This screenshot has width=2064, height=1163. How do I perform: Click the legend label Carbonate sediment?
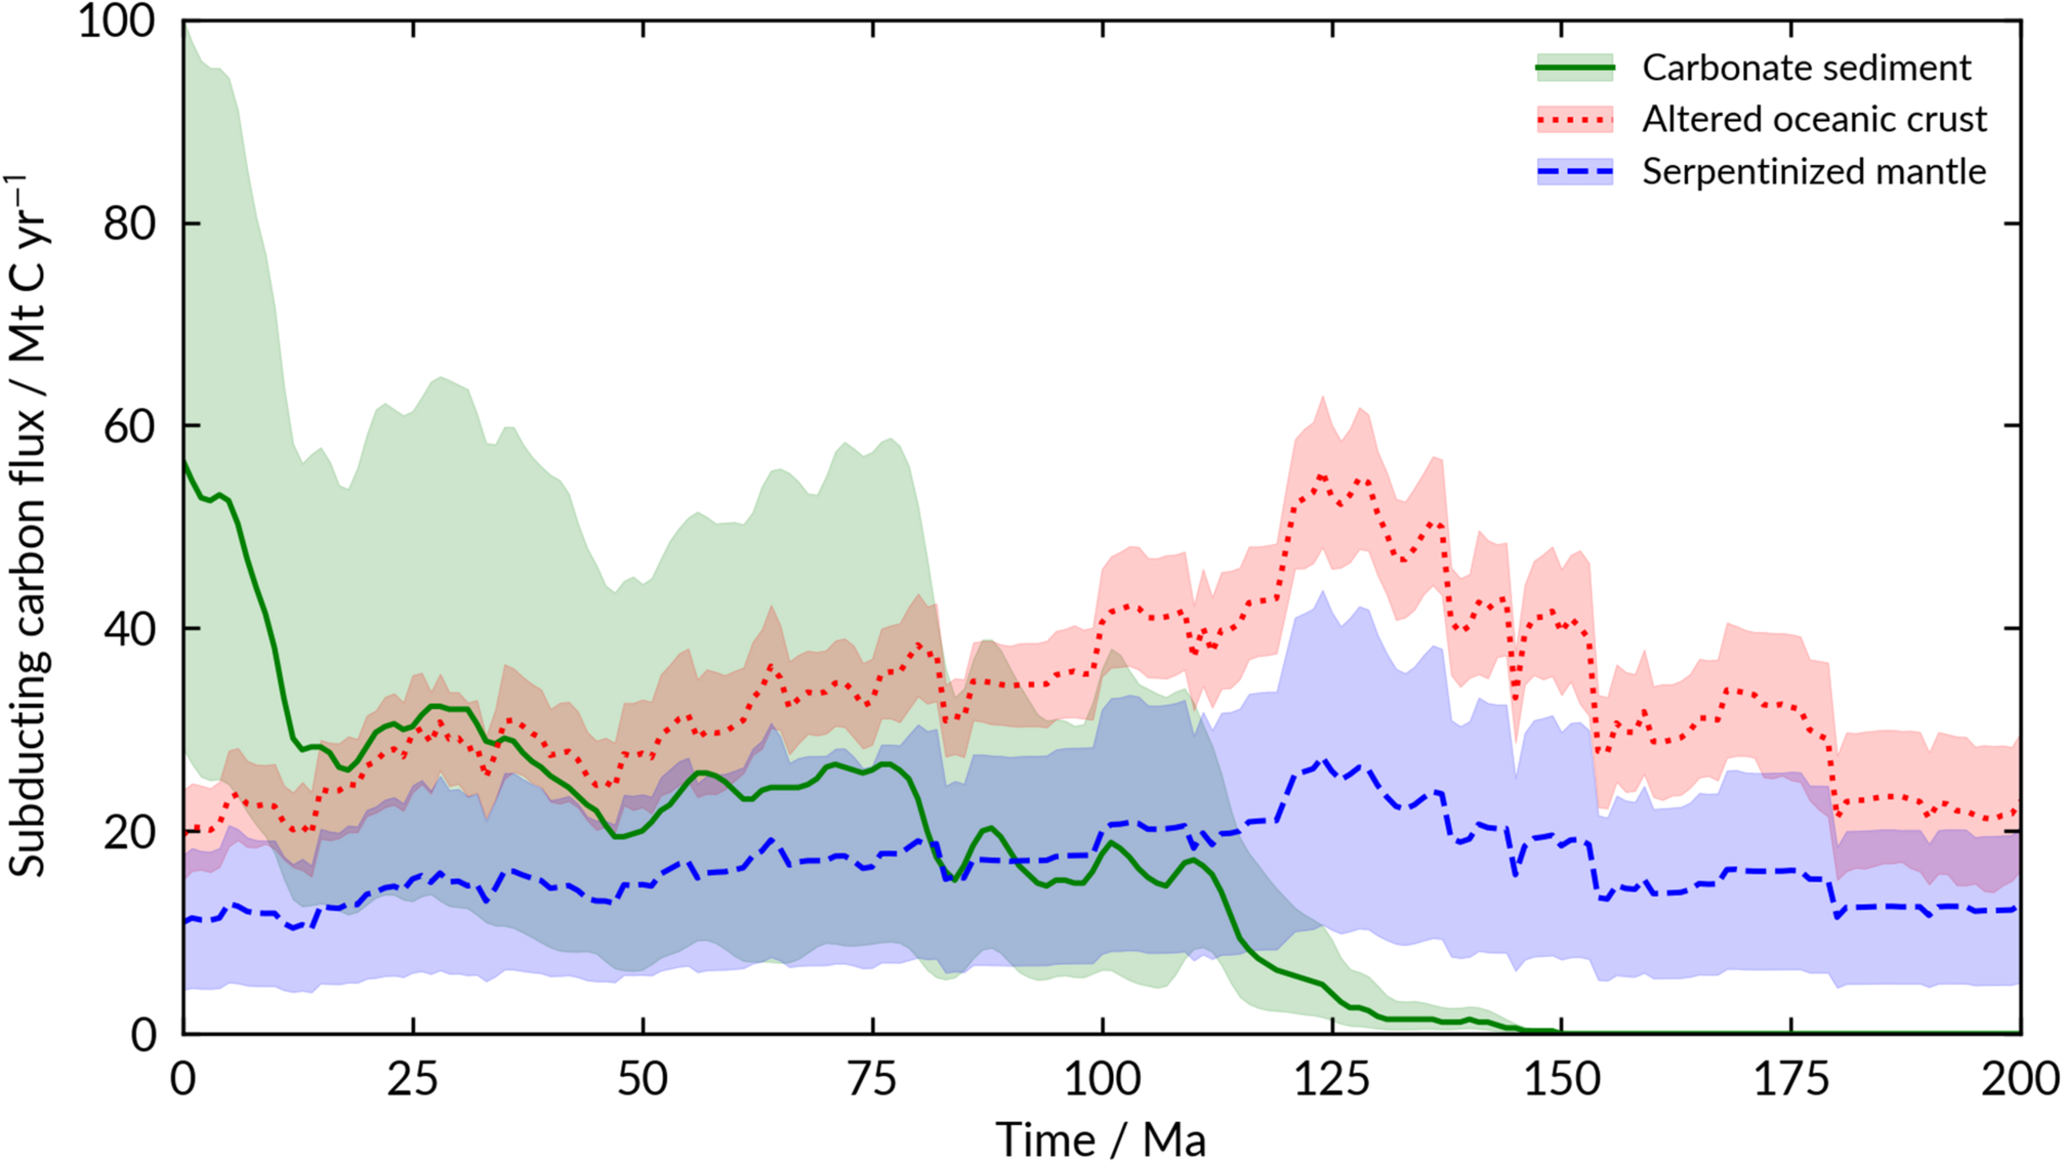[1806, 68]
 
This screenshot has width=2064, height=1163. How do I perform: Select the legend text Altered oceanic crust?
[1814, 120]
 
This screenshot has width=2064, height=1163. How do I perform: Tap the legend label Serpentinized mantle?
[1813, 172]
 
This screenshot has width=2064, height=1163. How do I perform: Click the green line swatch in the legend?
[1574, 68]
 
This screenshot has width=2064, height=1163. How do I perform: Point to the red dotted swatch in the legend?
[1574, 120]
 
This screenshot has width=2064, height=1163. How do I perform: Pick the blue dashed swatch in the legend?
[1574, 172]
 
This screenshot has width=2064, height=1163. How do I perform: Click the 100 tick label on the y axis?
[117, 21]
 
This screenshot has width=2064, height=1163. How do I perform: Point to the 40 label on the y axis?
[130, 629]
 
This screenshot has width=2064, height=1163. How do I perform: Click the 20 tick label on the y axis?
[130, 832]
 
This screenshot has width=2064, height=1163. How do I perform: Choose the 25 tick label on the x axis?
[413, 1080]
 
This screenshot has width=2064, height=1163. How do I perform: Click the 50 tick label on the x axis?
[642, 1080]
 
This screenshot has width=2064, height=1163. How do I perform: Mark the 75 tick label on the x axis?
[873, 1080]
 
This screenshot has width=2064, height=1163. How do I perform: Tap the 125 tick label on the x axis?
[1332, 1080]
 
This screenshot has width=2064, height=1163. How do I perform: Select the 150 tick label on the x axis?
[1561, 1080]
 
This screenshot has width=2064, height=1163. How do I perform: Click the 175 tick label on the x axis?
[1791, 1080]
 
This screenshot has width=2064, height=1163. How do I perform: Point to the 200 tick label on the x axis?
[2019, 1080]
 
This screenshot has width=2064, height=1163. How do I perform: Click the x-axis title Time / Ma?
[1101, 1140]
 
